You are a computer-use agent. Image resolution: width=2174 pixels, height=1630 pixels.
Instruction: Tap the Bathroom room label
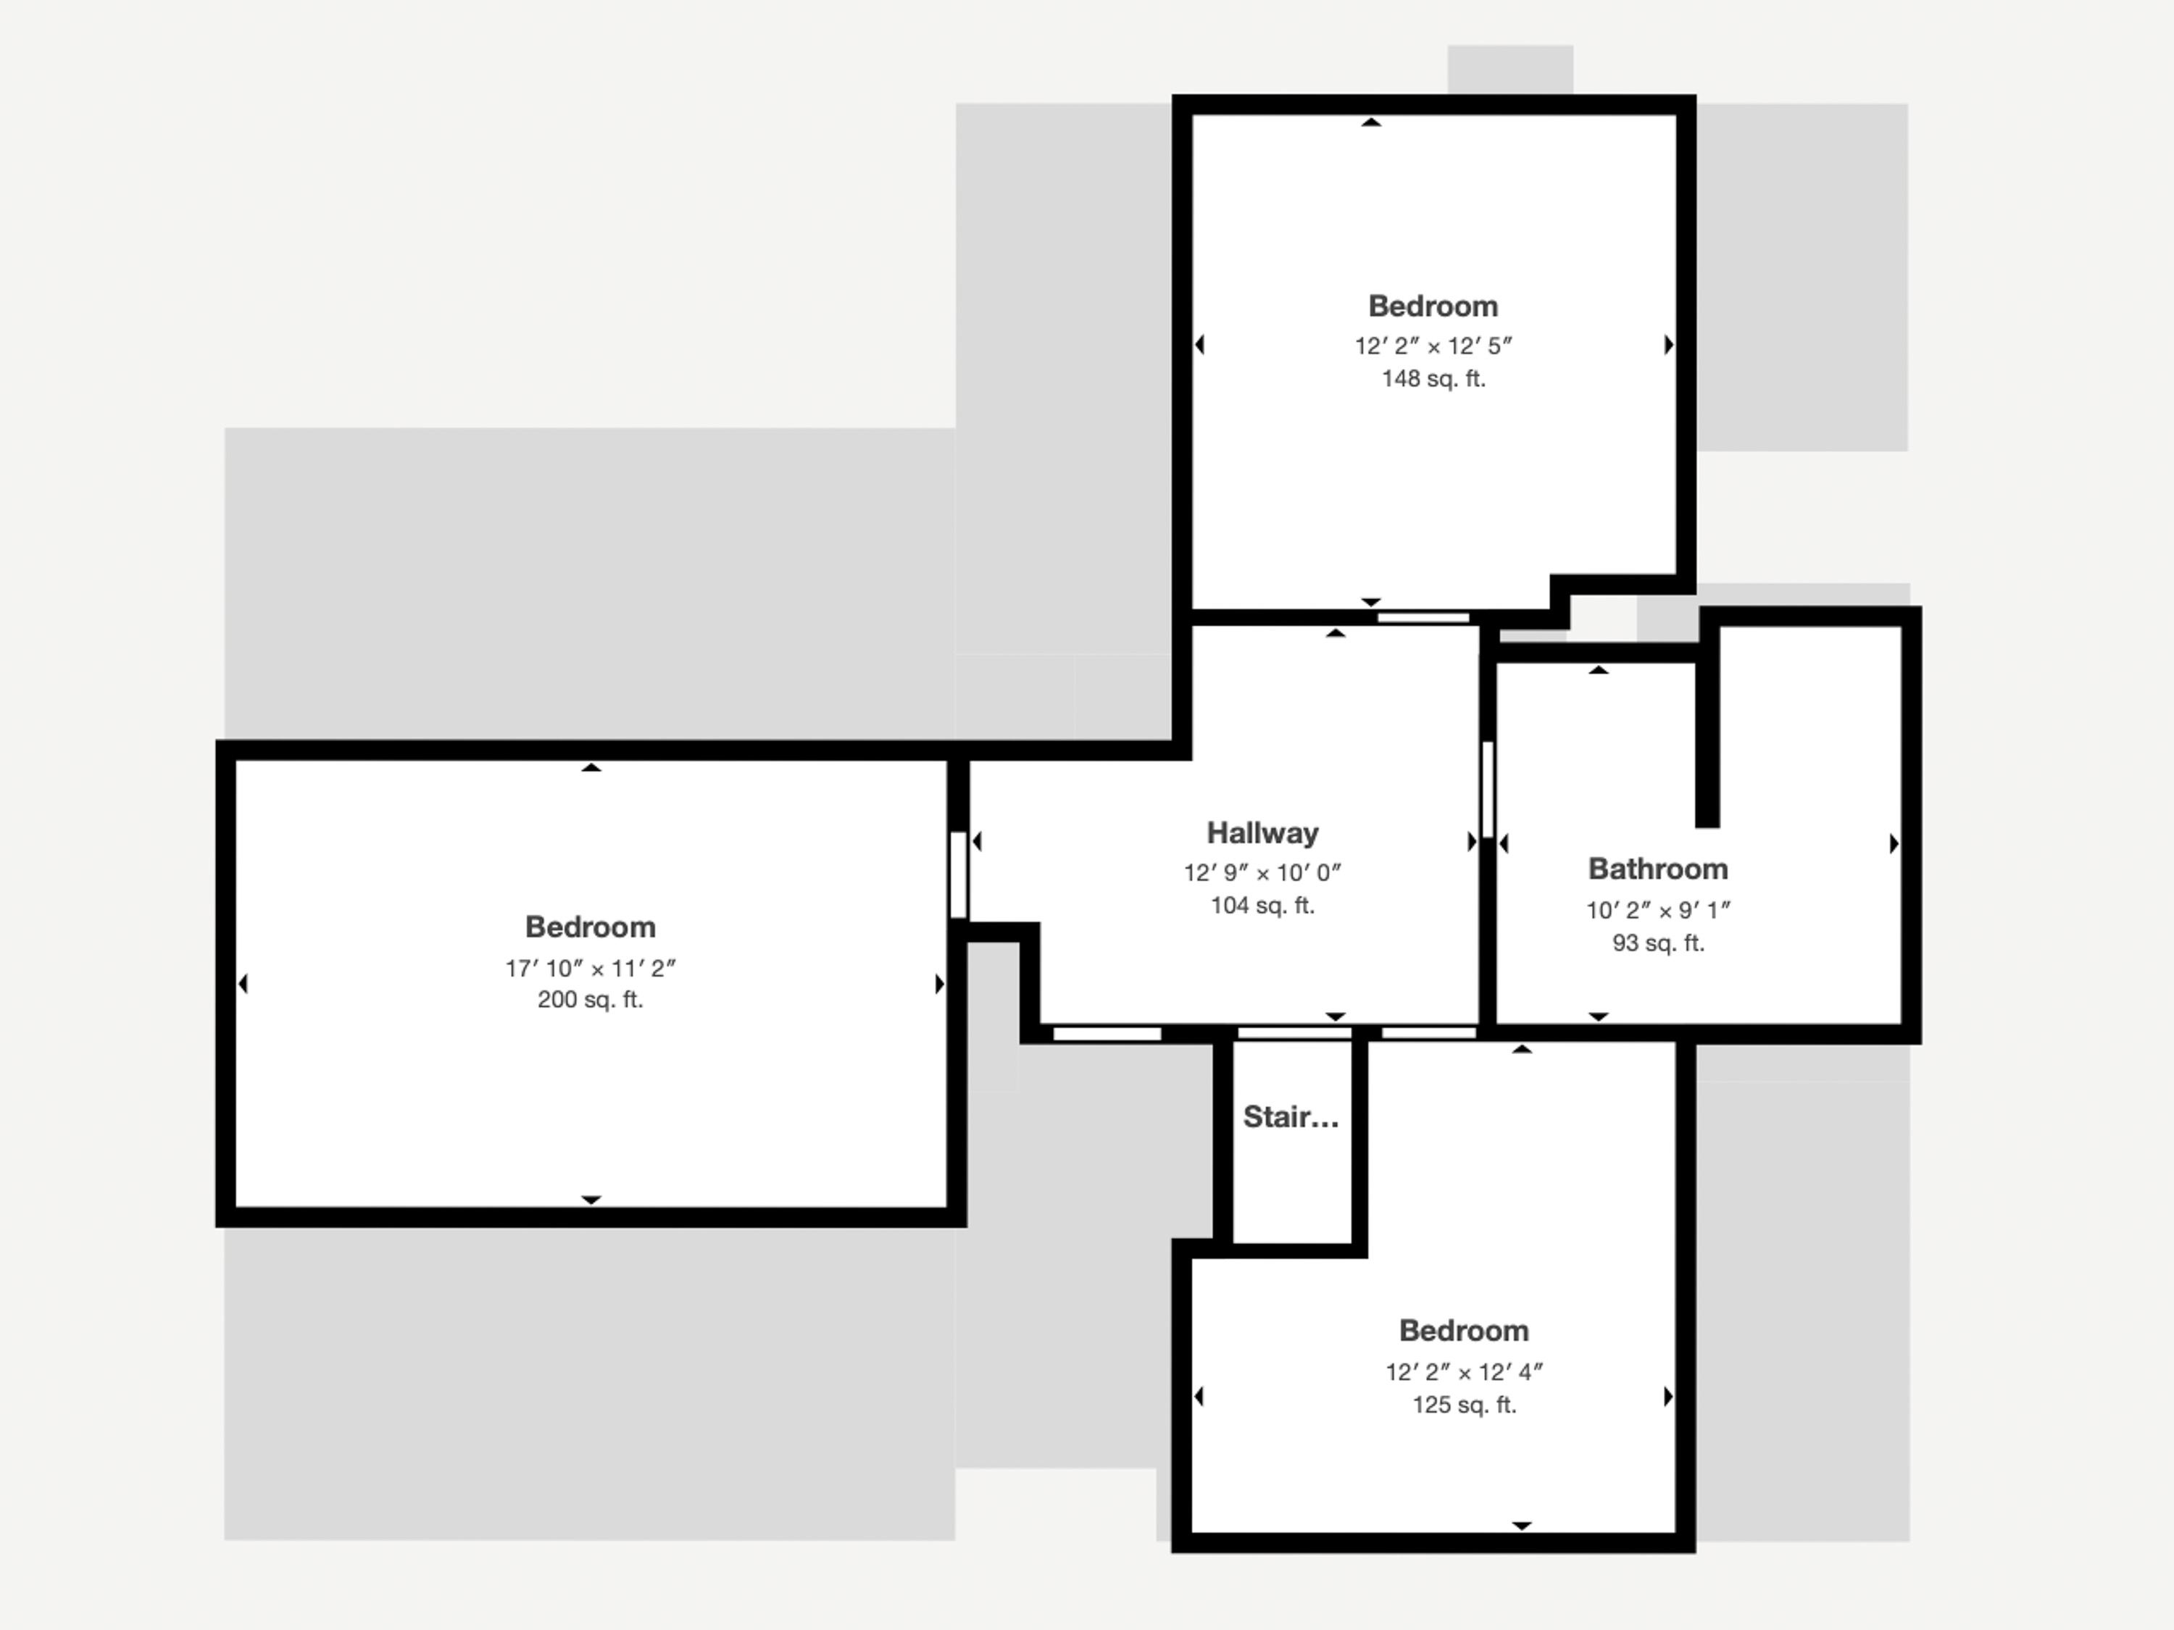(1658, 869)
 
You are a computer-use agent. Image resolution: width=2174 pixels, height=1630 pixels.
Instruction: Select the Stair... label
(1291, 1117)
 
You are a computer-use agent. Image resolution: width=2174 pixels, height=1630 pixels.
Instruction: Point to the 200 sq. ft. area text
(590, 1000)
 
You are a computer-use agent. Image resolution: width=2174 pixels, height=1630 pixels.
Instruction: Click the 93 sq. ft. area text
(1658, 943)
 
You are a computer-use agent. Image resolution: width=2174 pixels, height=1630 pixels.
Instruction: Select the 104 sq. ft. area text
(1262, 906)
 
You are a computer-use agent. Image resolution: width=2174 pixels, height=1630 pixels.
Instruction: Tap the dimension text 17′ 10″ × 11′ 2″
(591, 969)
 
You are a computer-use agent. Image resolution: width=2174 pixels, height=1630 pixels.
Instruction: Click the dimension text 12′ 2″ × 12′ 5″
(1433, 346)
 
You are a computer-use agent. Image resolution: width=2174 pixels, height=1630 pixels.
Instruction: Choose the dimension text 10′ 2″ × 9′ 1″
(1658, 911)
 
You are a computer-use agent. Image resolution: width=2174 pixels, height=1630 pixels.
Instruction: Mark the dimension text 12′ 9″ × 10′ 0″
(1262, 872)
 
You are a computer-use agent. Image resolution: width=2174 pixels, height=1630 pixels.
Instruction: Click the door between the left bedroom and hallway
(958, 874)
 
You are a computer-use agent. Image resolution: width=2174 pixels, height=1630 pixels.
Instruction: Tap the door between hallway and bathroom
(1488, 789)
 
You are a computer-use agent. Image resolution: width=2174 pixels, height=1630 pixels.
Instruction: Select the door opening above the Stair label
(1294, 1032)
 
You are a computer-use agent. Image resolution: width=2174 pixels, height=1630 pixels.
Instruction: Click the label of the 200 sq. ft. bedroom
(590, 927)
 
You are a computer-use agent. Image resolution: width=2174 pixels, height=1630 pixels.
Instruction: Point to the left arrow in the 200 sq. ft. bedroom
(243, 984)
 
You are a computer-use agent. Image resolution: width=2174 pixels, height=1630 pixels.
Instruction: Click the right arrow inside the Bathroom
(1894, 844)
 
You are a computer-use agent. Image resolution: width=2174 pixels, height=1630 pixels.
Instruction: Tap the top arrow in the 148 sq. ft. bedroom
(1371, 122)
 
